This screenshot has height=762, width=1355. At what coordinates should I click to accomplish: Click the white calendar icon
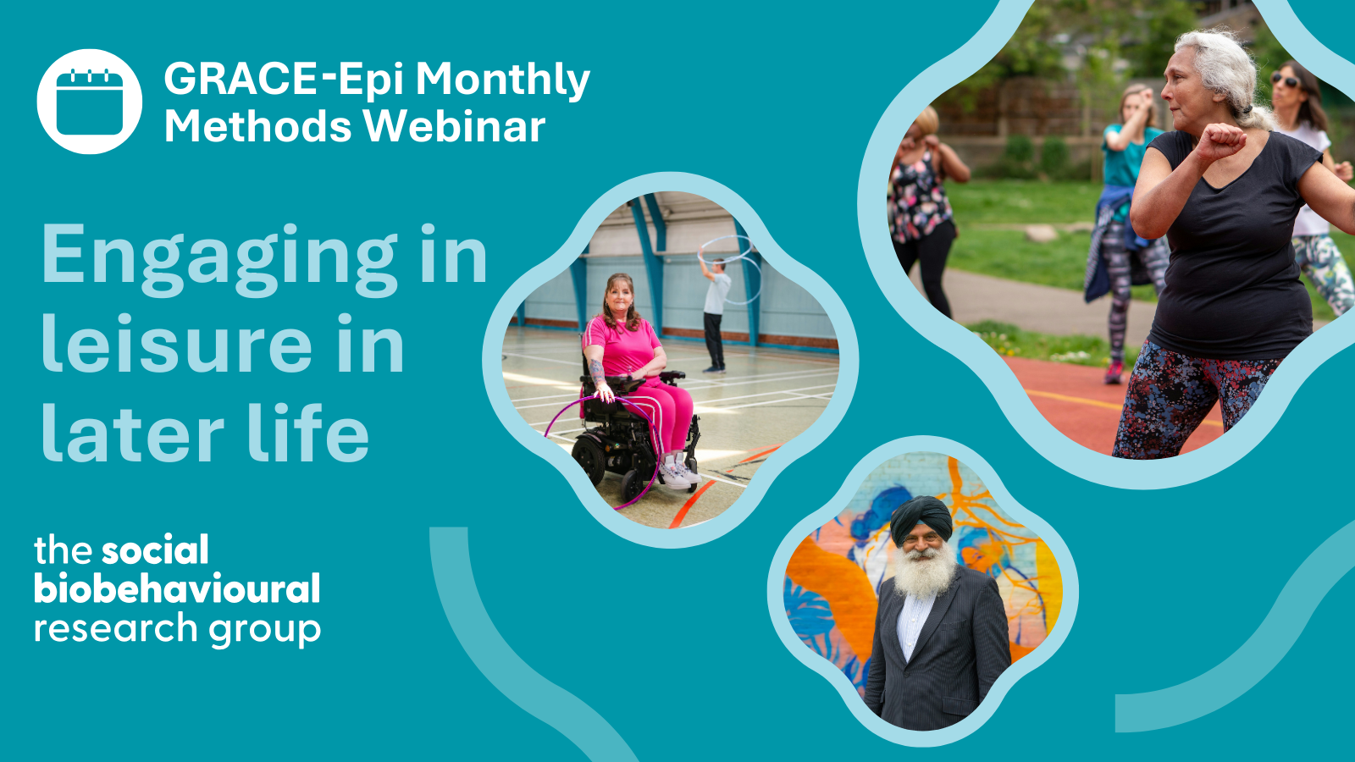click(x=89, y=102)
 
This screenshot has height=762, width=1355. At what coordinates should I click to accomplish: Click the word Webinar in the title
click(x=455, y=127)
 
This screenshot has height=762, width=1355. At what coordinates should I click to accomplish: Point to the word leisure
click(x=176, y=345)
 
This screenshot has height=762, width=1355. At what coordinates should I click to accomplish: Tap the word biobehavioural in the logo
click(x=177, y=589)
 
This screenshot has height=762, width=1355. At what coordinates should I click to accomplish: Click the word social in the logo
click(x=155, y=551)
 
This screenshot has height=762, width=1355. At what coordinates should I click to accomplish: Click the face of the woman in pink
click(x=618, y=296)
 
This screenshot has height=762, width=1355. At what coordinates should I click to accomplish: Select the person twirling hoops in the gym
click(x=716, y=313)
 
